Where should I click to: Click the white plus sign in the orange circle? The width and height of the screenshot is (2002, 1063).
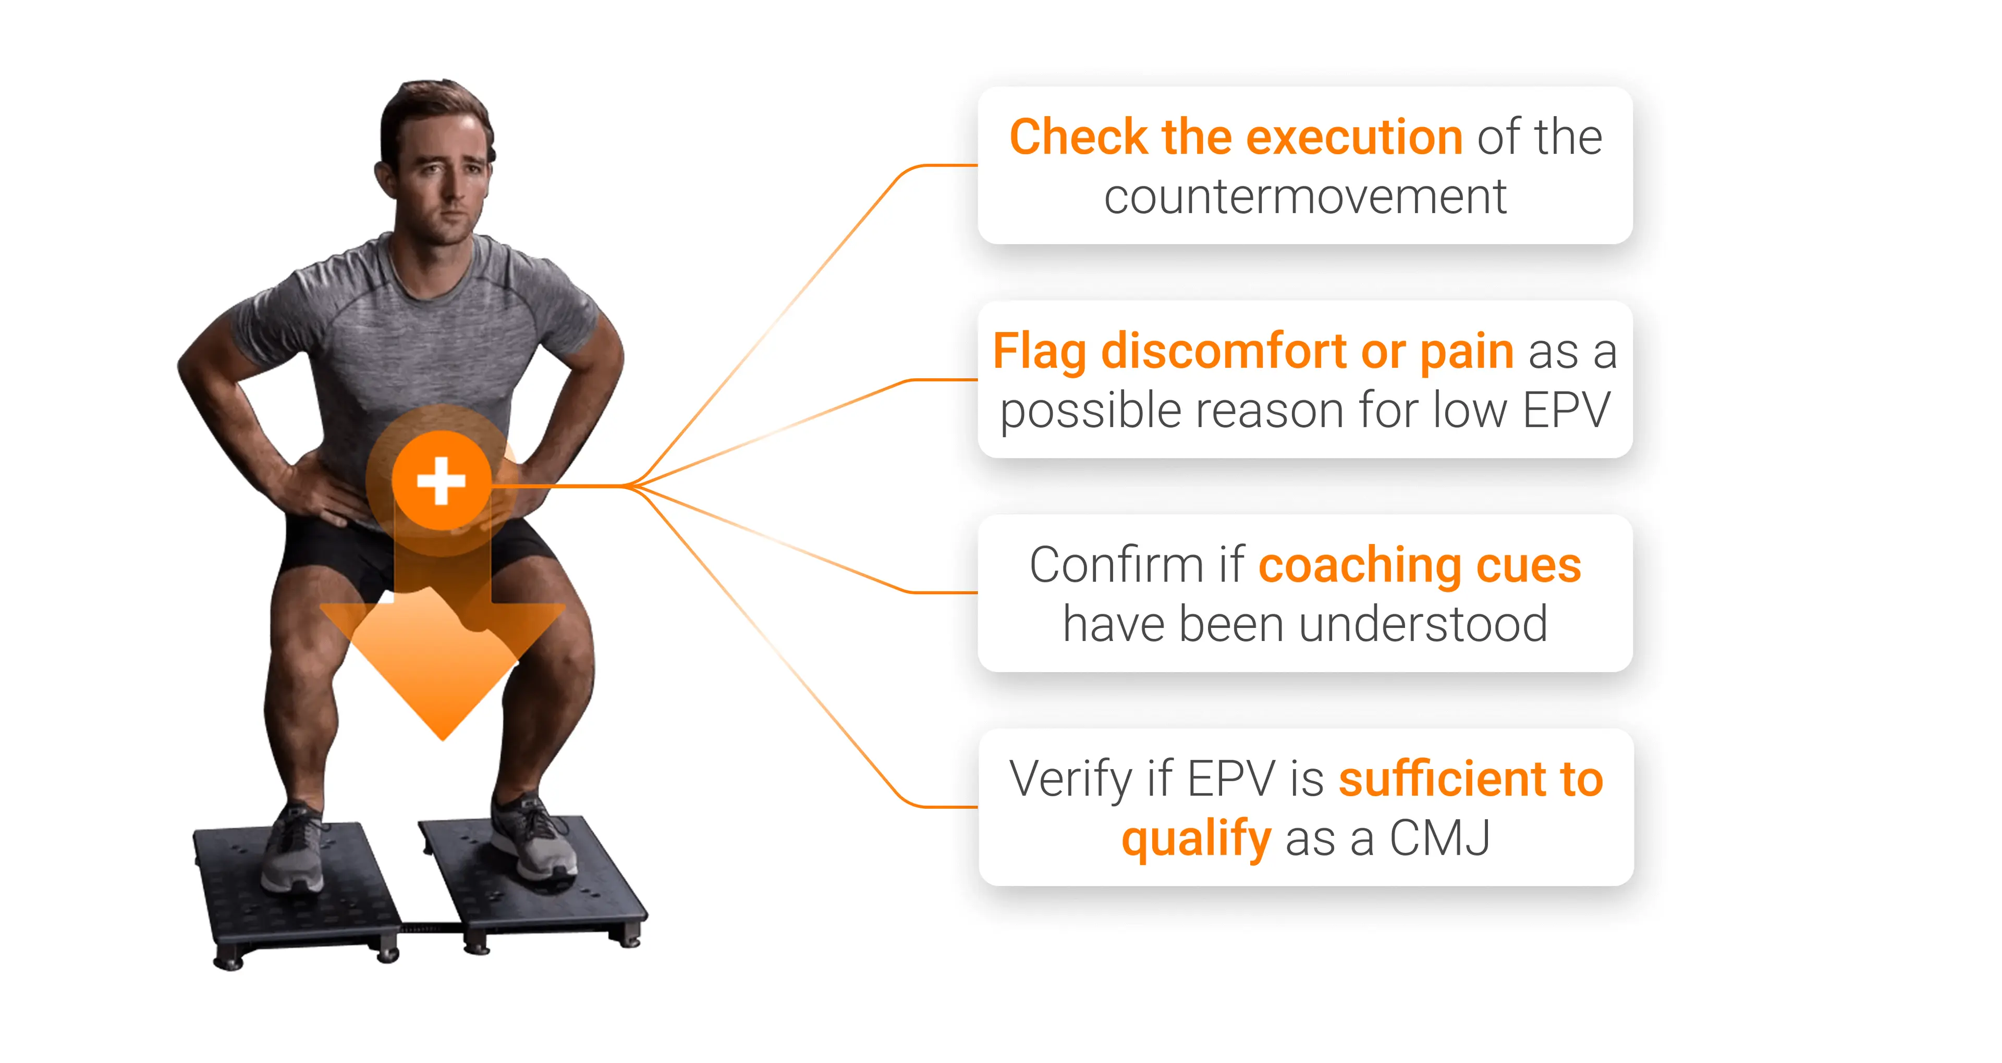pyautogui.click(x=442, y=481)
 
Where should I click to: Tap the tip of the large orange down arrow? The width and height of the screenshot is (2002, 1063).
pyautogui.click(x=443, y=740)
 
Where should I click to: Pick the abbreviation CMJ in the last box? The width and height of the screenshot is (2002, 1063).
pyautogui.click(x=1439, y=838)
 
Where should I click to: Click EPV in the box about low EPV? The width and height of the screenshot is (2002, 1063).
pyautogui.click(x=1566, y=410)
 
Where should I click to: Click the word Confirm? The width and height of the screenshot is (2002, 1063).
pyautogui.click(x=1118, y=564)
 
